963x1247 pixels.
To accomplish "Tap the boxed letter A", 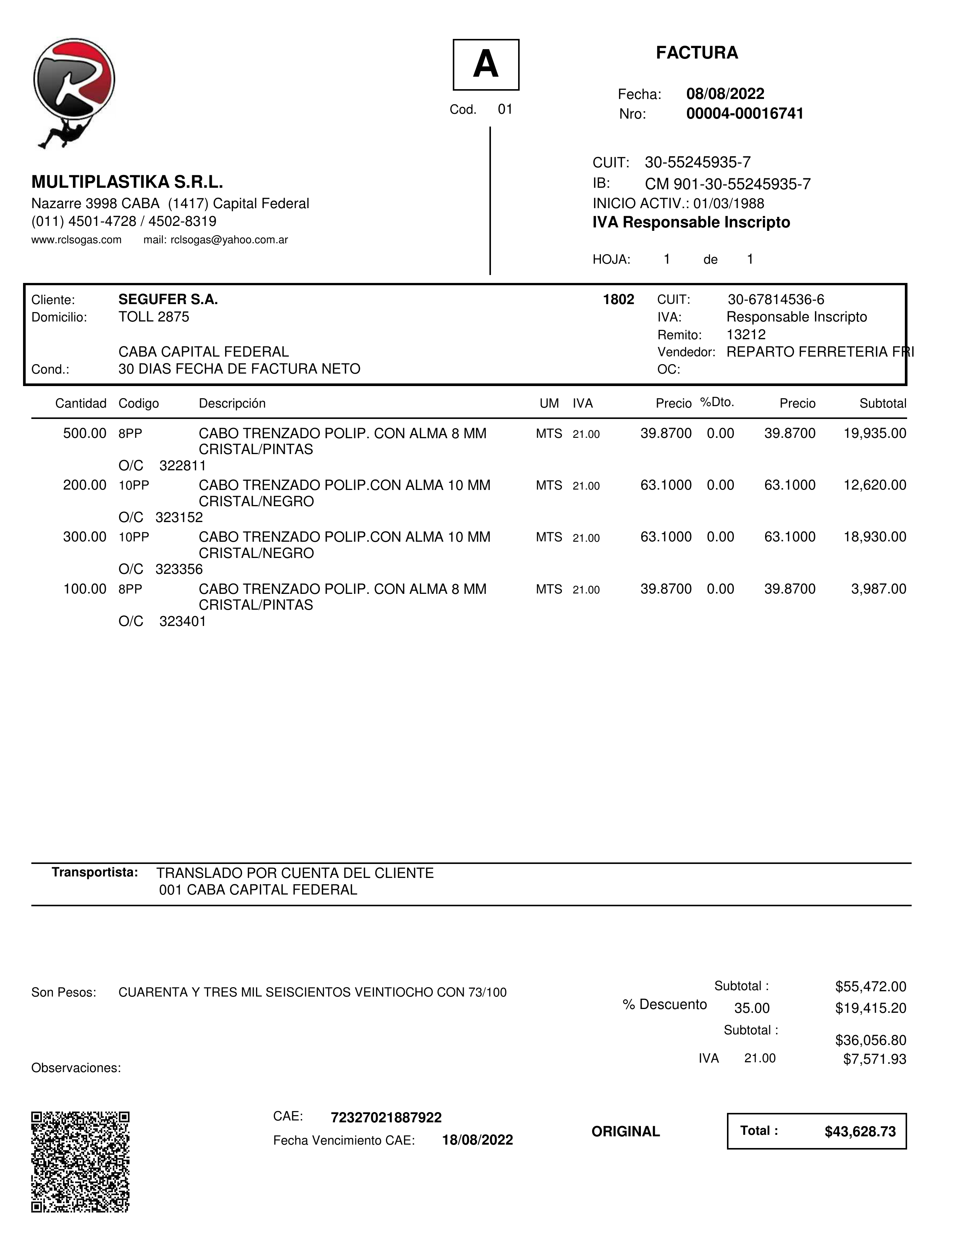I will pyautogui.click(x=486, y=65).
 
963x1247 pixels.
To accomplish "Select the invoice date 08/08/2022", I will pyautogui.click(x=725, y=94).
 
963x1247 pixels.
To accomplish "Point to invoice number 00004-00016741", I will pyautogui.click(x=744, y=114).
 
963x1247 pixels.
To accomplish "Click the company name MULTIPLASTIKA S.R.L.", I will pyautogui.click(x=127, y=182).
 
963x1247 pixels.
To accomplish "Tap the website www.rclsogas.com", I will pyautogui.click(x=77, y=240).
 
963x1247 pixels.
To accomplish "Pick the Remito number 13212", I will pyautogui.click(x=745, y=335).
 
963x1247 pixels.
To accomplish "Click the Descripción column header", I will pyautogui.click(x=232, y=404).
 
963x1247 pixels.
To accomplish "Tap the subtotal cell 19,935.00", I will pyautogui.click(x=875, y=433).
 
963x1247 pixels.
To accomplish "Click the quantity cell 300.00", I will pyautogui.click(x=85, y=537).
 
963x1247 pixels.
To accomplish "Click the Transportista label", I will pyautogui.click(x=95, y=872).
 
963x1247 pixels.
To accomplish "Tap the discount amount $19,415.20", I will pyautogui.click(x=870, y=1008).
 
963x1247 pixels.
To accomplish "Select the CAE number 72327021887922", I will pyautogui.click(x=386, y=1117).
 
